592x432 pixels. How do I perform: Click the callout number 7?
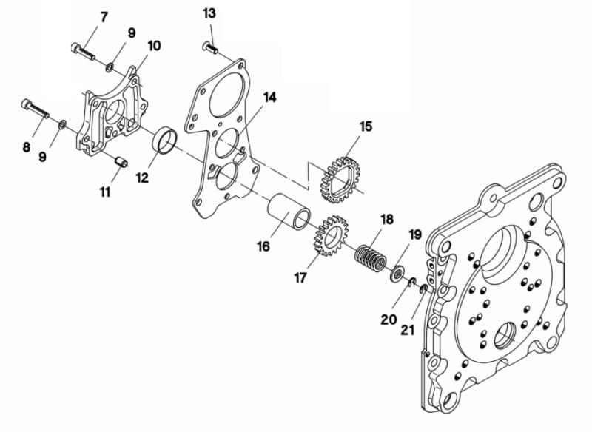click(104, 16)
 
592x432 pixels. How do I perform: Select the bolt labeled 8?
click(35, 109)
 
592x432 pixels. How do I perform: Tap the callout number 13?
click(209, 13)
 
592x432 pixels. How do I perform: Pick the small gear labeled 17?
click(326, 237)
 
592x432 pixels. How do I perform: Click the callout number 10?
click(154, 46)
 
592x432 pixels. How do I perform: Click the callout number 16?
click(263, 246)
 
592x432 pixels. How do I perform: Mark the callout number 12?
click(141, 178)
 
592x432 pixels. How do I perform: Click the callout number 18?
click(386, 220)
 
